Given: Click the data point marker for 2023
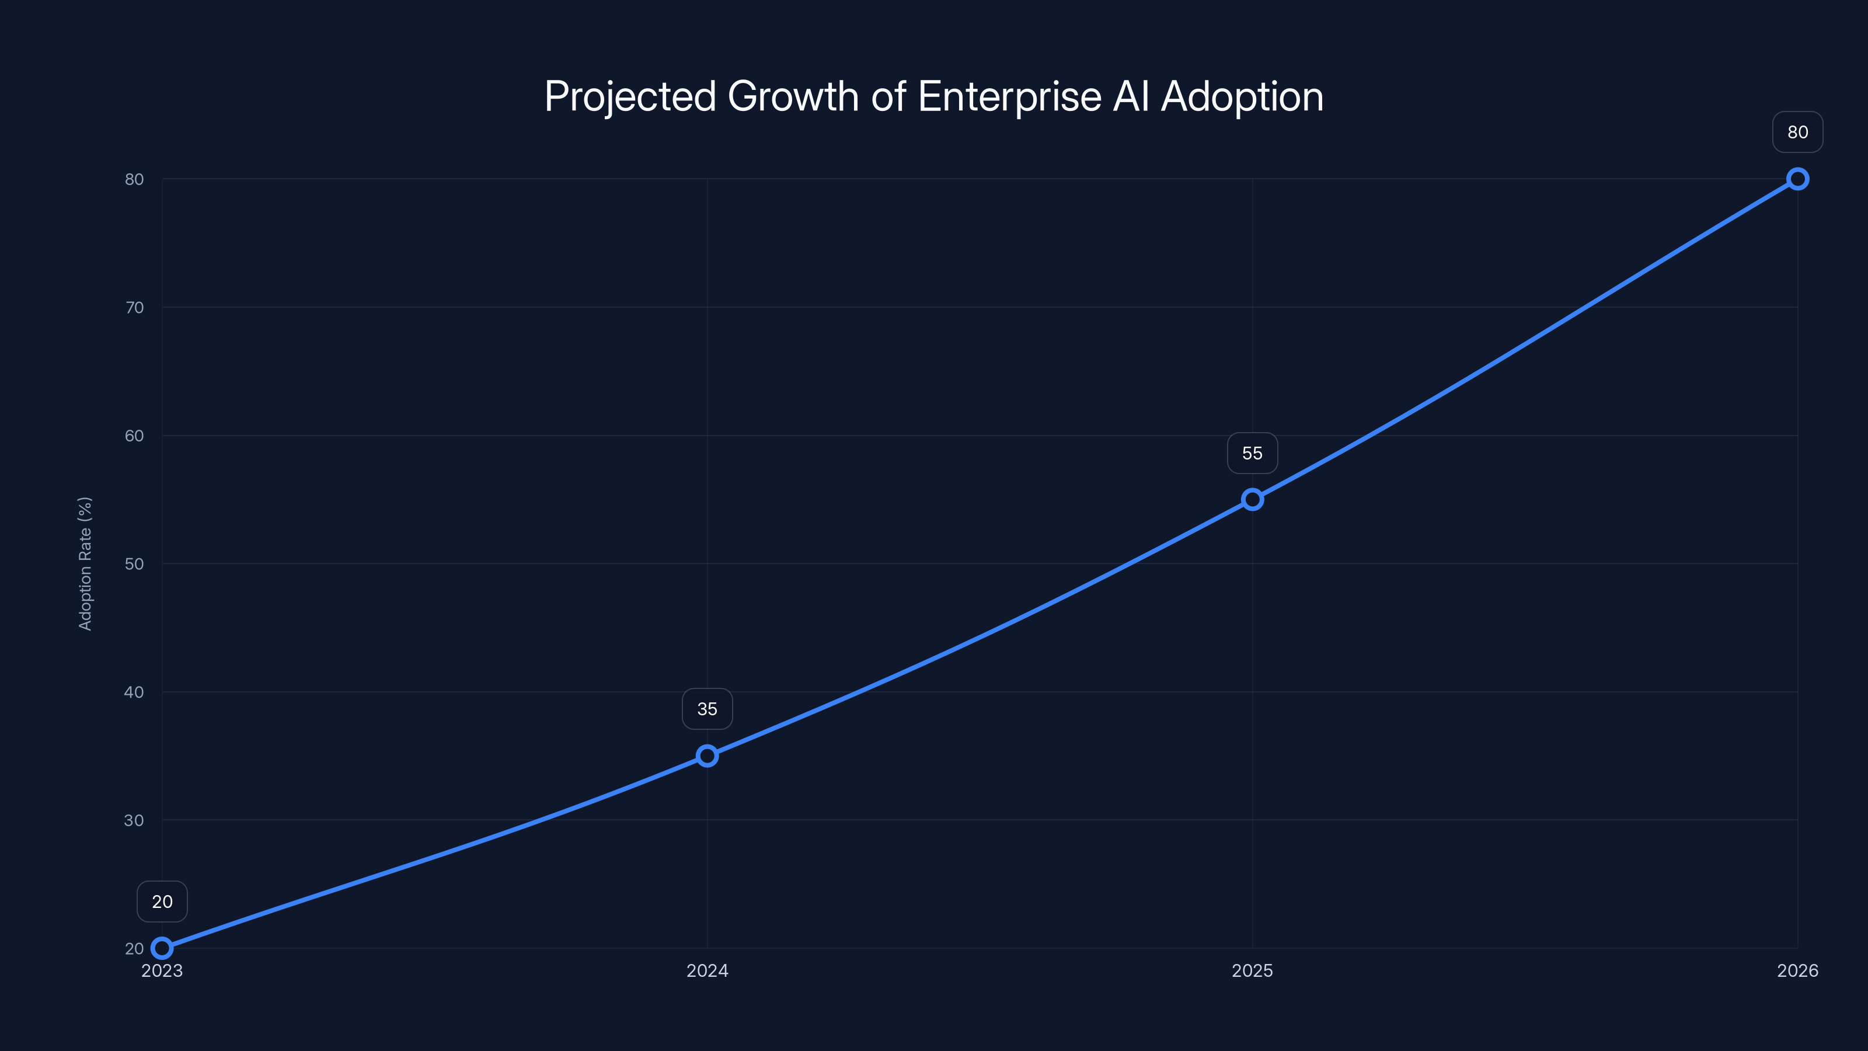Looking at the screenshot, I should tap(162, 948).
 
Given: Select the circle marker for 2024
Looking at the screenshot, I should tap(707, 756).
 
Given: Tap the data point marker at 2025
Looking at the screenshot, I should tap(1252, 499).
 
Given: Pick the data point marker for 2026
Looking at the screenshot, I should tap(1798, 179).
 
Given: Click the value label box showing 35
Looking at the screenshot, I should tap(707, 709).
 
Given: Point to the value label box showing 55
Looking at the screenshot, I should tap(1252, 453).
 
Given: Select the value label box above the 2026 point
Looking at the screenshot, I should tap(1798, 132).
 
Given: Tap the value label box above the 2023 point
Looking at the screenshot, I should tap(162, 902).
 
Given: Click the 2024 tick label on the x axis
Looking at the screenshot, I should tap(707, 970).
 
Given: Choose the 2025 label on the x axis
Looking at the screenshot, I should tap(1252, 970).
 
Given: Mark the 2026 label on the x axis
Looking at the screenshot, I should tap(1798, 970).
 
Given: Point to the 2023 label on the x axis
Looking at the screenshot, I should tap(162, 970).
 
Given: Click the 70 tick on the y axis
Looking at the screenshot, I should tap(134, 308).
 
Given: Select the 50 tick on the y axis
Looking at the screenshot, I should tap(134, 563).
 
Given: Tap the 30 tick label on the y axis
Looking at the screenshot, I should tap(134, 820).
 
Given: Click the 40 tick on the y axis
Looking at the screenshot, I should tap(134, 692).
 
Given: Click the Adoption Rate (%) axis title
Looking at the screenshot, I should tap(85, 563).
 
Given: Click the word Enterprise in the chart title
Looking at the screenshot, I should tap(1009, 96).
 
